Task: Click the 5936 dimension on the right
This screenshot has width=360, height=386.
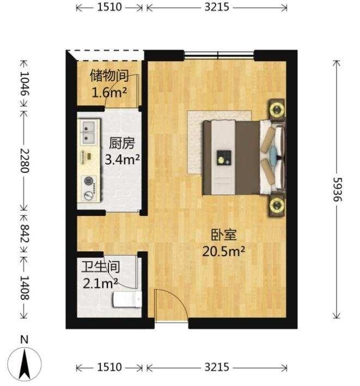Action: point(337,190)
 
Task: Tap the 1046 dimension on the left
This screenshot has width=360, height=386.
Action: point(25,84)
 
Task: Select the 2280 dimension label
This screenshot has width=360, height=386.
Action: point(25,161)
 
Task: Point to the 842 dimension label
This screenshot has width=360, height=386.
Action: point(25,233)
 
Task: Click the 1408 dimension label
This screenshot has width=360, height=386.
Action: point(25,287)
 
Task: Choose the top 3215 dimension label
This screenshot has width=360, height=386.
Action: point(217,7)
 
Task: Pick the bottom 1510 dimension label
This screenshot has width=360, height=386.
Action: point(109,367)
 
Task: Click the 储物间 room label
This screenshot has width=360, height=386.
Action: point(109,76)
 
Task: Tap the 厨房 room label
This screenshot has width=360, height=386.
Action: point(122,143)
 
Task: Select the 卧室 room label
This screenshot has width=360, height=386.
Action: point(224,235)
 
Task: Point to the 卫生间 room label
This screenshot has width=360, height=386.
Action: point(101,267)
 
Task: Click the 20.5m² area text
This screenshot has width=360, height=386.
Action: point(223,251)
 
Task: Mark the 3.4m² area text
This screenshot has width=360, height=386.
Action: point(122,159)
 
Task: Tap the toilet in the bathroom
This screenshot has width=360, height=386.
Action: point(127,299)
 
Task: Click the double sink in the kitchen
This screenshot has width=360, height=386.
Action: point(89,132)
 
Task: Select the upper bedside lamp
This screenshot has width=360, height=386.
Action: point(277,109)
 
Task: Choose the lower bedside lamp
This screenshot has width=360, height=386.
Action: point(277,205)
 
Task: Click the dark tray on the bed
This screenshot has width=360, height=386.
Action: point(224,158)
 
